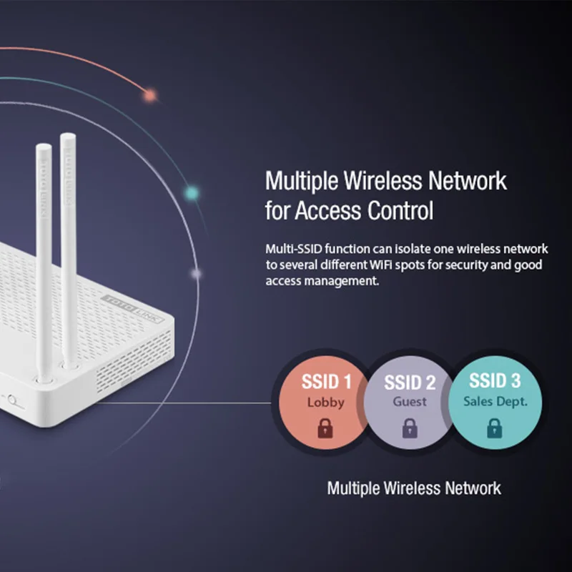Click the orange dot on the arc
coord(149,94)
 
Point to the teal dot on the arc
coord(191,192)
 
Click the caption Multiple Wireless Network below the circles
coord(414,488)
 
